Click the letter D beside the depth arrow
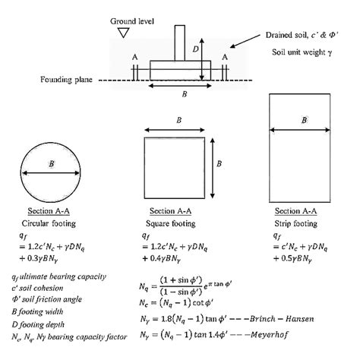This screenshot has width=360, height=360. pyautogui.click(x=194, y=49)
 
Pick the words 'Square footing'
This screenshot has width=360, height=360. pyautogui.click(x=172, y=224)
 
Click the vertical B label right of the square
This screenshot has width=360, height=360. pyautogui.click(x=219, y=163)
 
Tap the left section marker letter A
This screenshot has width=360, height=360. pyautogui.click(x=134, y=56)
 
